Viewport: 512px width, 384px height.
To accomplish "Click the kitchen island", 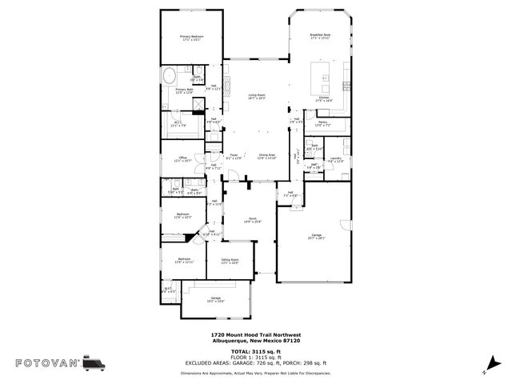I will coord(326,82).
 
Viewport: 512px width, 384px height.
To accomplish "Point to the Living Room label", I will coord(257,96).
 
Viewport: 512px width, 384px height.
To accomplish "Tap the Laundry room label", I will coord(336,159).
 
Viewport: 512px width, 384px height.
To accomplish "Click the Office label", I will coord(182,158).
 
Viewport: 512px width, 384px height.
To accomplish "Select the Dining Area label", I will coord(266,156).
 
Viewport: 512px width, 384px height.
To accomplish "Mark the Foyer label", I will coord(234,156).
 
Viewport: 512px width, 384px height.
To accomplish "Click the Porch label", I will coord(252,218).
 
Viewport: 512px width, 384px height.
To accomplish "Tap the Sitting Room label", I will coord(230,261).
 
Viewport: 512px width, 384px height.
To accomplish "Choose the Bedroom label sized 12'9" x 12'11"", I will coord(184,260).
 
